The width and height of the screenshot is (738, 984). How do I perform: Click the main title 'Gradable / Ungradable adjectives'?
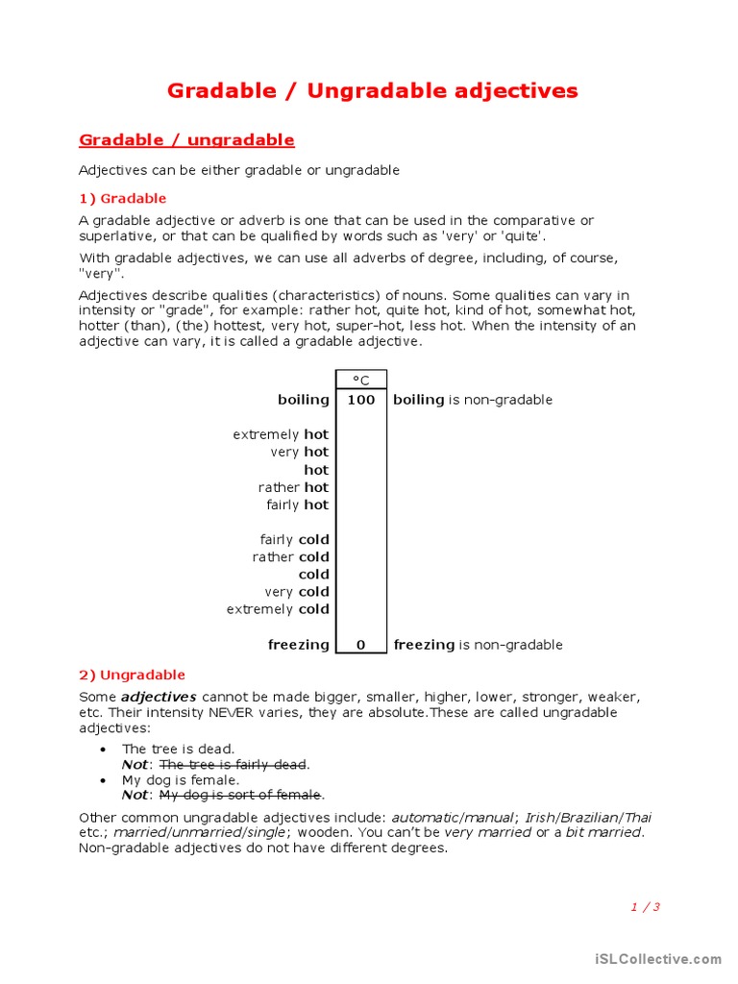coord(372,91)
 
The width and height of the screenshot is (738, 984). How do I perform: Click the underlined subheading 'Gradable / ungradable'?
coord(186,140)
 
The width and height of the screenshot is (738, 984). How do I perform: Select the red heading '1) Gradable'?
coord(122,199)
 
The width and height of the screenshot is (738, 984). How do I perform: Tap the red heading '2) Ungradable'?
coord(132,675)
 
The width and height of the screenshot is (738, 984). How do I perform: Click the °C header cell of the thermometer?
coord(360,381)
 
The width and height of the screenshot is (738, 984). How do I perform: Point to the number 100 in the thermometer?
coord(360,400)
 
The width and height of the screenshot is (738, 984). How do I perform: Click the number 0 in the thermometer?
coord(360,645)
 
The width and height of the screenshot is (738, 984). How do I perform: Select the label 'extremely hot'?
coord(281,434)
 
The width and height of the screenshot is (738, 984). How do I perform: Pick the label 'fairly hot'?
coord(297,504)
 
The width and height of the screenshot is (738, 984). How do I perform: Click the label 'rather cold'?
coord(290,557)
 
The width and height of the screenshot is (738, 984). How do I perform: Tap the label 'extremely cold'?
coord(278,609)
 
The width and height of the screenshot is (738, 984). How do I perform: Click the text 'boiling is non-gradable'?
coord(473,400)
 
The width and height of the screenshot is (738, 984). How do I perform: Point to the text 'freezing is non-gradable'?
coord(478,645)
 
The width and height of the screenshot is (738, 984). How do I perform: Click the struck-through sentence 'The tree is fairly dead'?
coord(234,764)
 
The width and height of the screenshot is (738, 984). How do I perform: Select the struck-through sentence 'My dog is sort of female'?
coord(240,795)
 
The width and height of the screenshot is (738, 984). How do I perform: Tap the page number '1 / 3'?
coord(645,906)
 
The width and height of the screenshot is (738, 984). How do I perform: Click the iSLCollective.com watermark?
coord(657,959)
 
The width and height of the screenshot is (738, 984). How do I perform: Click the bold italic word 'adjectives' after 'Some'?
coord(159,697)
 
